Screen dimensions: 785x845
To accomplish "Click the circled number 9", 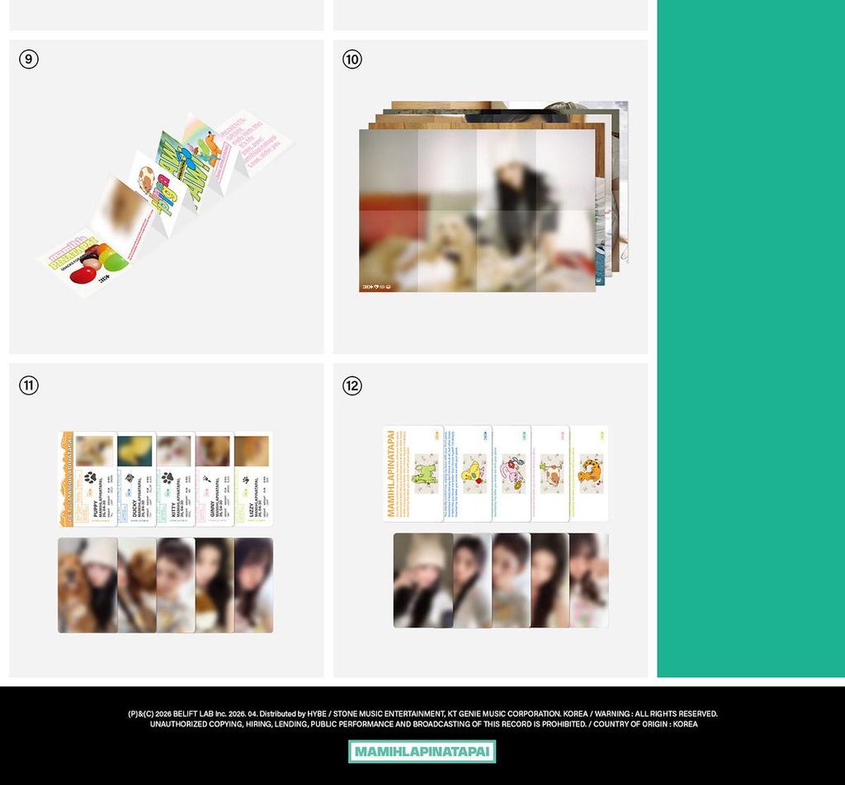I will pyautogui.click(x=29, y=59).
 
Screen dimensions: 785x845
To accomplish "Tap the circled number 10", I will pyautogui.click(x=352, y=59).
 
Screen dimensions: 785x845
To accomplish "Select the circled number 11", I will pyautogui.click(x=29, y=385).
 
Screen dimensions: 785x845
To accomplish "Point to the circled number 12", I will pyautogui.click(x=352, y=385).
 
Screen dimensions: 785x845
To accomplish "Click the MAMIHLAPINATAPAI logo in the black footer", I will pyautogui.click(x=422, y=752).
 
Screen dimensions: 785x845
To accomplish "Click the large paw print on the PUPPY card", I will pyautogui.click(x=90, y=477).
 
